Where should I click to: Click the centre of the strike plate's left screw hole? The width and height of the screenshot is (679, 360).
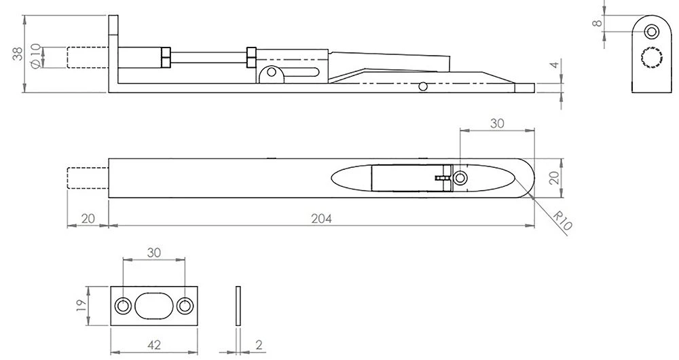point(123,306)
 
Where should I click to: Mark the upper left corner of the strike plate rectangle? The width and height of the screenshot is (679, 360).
point(111,287)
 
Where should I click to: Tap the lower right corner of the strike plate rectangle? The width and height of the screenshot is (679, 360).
point(198,326)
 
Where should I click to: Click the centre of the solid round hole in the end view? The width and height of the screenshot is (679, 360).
point(651,32)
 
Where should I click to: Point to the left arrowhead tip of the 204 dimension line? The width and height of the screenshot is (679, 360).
point(109,226)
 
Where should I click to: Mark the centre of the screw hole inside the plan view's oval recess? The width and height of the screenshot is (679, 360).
point(460,177)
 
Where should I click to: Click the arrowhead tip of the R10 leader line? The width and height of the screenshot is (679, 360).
point(530,194)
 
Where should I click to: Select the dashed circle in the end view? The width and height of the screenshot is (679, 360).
point(652,57)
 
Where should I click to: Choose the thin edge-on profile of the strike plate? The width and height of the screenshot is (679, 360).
point(238,306)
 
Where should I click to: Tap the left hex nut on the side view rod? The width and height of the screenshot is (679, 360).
point(166,57)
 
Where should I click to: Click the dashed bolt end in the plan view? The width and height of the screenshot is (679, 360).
point(88,177)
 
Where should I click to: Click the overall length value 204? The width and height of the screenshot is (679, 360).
point(321,219)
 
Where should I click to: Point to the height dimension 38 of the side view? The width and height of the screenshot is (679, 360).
point(18,54)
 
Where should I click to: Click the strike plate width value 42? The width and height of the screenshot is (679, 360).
point(154,345)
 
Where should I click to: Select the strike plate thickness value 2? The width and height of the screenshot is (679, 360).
point(259,345)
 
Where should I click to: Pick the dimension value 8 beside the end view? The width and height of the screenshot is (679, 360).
point(598,22)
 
